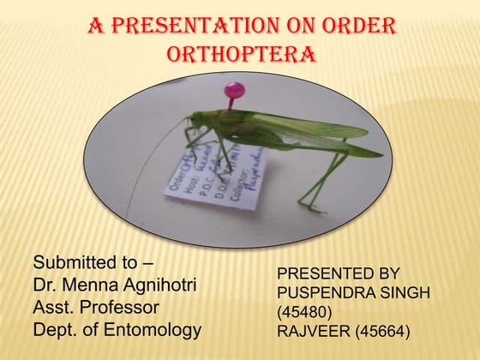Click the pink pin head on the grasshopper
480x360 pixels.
(233, 90)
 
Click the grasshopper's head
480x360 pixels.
(195, 125)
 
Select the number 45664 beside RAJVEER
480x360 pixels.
(381, 331)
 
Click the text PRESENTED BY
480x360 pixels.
(338, 274)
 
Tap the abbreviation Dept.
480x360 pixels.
(53, 328)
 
